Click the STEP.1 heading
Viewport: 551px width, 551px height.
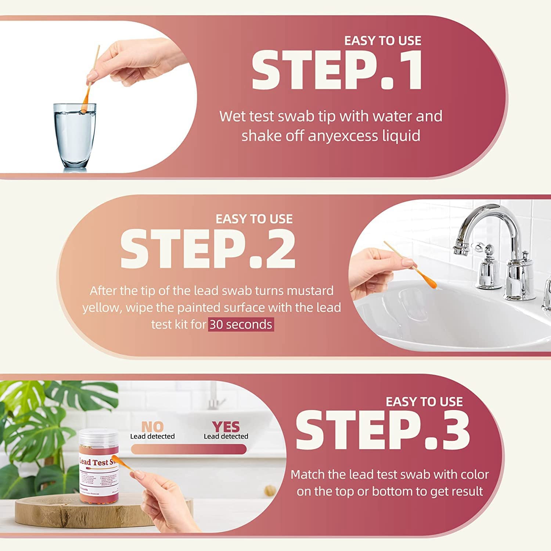point(337,70)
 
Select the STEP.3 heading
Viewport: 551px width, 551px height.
point(382,430)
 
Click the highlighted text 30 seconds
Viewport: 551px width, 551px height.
point(241,325)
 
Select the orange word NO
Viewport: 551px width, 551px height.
point(152,427)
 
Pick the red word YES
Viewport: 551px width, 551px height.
point(226,427)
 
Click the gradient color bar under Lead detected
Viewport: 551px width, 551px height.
point(188,449)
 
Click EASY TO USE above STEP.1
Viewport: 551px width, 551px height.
point(382,41)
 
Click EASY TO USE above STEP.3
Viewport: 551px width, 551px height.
point(424,402)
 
